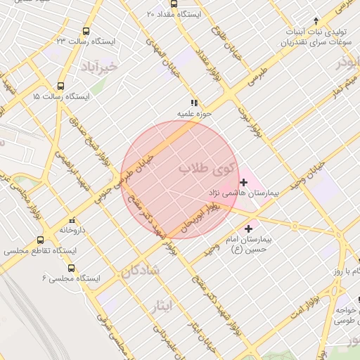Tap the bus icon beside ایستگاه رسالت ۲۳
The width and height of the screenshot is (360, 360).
(86, 31)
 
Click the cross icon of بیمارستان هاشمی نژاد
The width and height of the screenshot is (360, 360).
(243, 182)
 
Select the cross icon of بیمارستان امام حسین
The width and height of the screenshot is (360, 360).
(247, 229)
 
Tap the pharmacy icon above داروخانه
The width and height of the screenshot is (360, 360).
(72, 220)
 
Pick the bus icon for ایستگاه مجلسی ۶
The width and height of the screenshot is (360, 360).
(71, 268)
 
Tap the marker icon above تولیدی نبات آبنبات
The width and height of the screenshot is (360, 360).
(316, 20)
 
